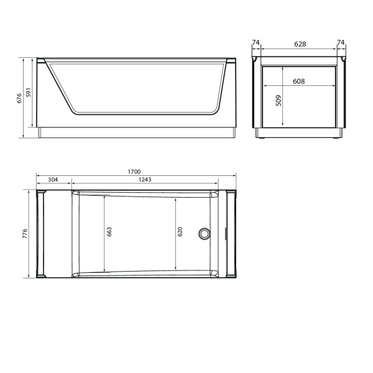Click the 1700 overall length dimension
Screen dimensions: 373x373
pos(134,172)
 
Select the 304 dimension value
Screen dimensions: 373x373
pos(53,180)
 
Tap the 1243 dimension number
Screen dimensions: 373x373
pos(145,180)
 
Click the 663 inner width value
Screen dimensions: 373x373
pos(109,233)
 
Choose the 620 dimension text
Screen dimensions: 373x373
pos(180,233)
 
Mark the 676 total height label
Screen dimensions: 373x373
pos(19,98)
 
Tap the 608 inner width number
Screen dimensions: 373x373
pos(298,81)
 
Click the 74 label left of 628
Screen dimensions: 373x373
pos(256,43)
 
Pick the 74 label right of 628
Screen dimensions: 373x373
pos(340,43)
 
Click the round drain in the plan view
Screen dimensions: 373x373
pos(203,234)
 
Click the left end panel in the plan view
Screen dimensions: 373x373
pos(42,234)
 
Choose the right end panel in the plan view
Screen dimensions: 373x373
pos(231,234)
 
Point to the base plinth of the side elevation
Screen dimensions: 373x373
pos(137,133)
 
